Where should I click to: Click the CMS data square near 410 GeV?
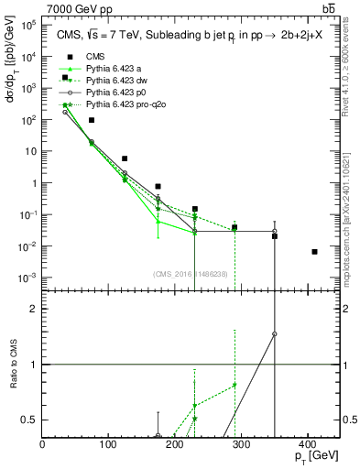coord(314,252)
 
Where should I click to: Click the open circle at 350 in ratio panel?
coord(275,334)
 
